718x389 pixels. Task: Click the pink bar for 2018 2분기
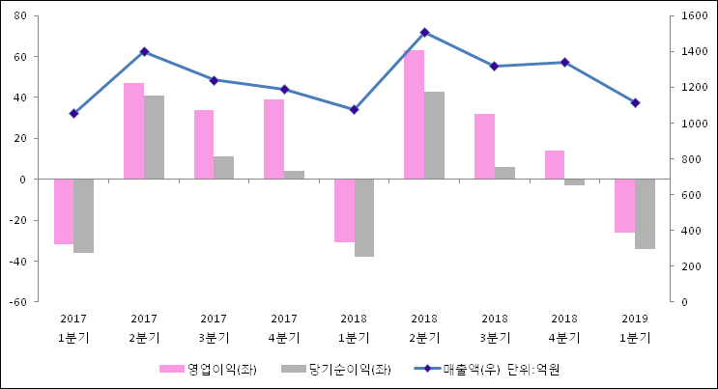pyautogui.click(x=414, y=115)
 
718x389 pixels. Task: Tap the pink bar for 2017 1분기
pyautogui.click(x=64, y=211)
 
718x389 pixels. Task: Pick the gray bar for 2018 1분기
pyautogui.click(x=364, y=217)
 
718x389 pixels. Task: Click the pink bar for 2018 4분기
pyautogui.click(x=554, y=165)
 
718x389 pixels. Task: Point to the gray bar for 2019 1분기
pyautogui.click(x=645, y=213)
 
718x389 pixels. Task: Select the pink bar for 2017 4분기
pyautogui.click(x=273, y=139)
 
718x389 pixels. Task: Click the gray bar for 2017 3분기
pyautogui.click(x=224, y=168)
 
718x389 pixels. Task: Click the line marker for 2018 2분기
pyautogui.click(x=424, y=33)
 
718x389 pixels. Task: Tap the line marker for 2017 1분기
pyautogui.click(x=73, y=114)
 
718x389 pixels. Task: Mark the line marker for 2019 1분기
pyautogui.click(x=635, y=102)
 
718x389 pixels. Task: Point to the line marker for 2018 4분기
pyautogui.click(x=564, y=63)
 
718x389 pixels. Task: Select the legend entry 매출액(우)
pyautogui.click(x=469, y=369)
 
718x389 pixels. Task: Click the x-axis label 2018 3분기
pyautogui.click(x=494, y=328)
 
